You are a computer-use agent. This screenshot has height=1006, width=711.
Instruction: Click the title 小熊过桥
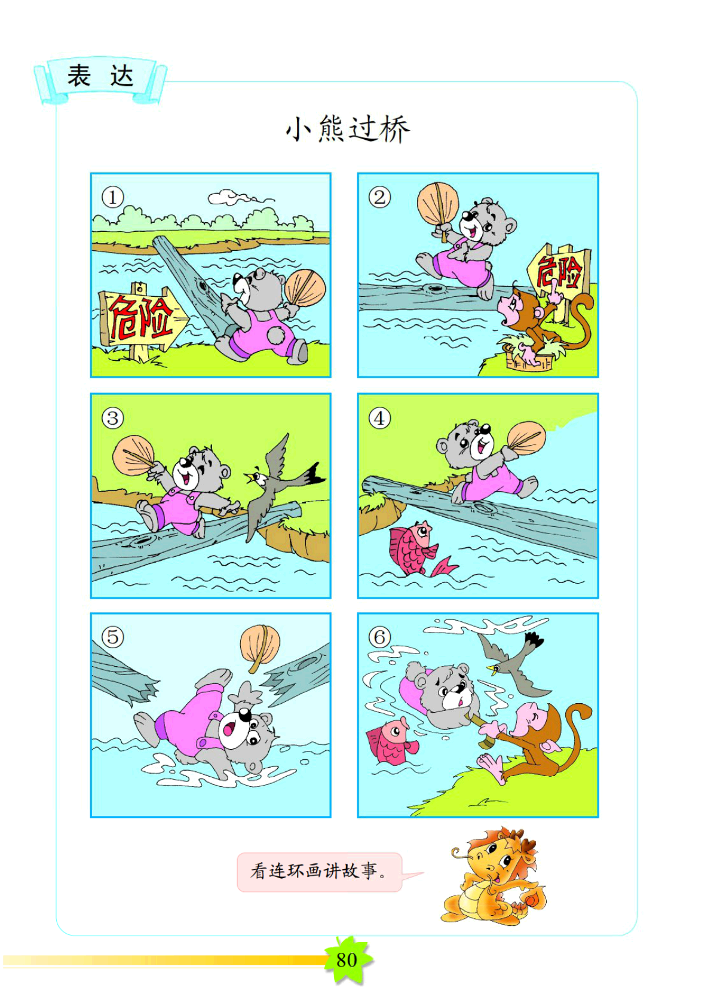pyautogui.click(x=348, y=130)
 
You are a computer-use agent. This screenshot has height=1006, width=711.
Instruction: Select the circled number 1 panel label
pyautogui.click(x=112, y=197)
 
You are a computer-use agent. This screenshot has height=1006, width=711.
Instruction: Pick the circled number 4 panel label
pyautogui.click(x=379, y=419)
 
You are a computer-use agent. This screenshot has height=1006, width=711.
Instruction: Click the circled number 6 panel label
pyautogui.click(x=379, y=637)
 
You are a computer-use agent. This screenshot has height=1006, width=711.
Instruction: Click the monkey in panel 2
pyautogui.click(x=545, y=323)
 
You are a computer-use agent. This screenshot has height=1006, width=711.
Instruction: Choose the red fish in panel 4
pyautogui.click(x=418, y=549)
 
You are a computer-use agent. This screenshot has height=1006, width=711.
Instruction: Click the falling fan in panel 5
pyautogui.click(x=260, y=647)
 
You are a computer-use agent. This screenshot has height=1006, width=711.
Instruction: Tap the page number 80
pyautogui.click(x=347, y=960)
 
